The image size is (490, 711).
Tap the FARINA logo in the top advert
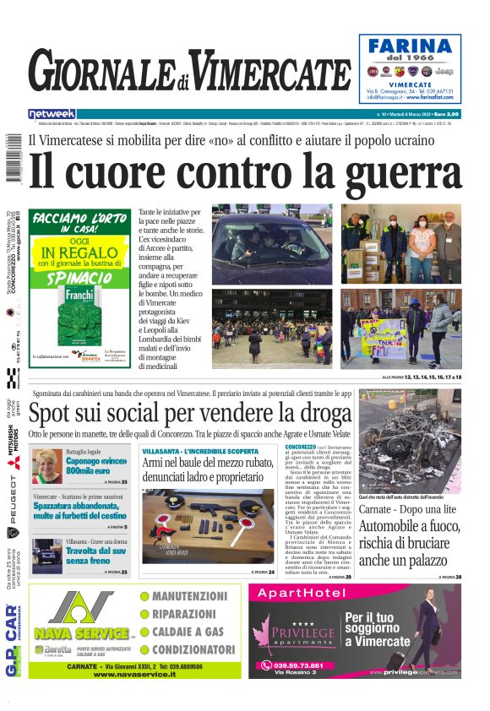click(x=410, y=46)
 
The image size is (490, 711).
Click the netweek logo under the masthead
click(x=52, y=113)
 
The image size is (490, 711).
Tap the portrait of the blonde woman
click(x=46, y=465)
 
